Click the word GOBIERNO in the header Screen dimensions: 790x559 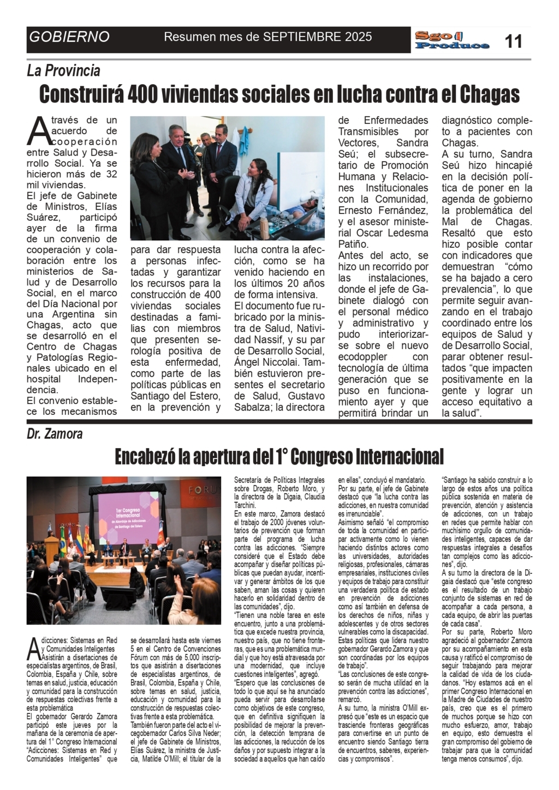point(69,37)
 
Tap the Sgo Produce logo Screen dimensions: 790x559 point(451,40)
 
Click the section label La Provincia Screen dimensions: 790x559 point(63,70)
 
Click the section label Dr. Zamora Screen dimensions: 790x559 point(55,434)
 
